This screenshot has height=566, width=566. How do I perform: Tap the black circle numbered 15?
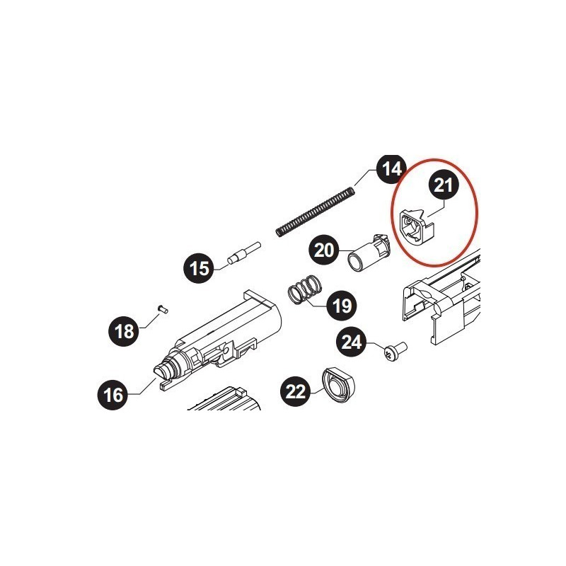(x=200, y=269)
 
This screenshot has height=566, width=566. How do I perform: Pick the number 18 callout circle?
(x=125, y=331)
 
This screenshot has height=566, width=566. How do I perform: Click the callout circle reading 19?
(x=341, y=306)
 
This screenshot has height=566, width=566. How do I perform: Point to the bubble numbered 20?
(x=325, y=250)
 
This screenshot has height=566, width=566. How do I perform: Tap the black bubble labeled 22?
(x=296, y=391)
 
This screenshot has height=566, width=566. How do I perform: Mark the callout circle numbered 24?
(x=352, y=342)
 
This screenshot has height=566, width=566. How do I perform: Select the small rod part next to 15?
(x=243, y=253)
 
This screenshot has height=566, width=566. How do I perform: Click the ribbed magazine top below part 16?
(x=226, y=400)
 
